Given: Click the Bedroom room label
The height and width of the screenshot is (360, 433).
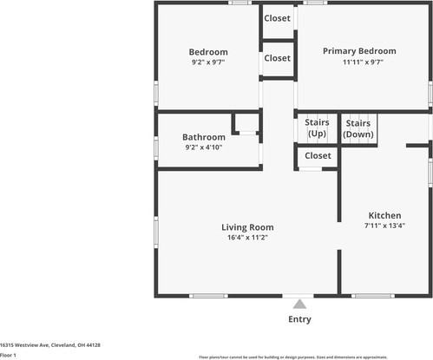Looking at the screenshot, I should pyautogui.click(x=208, y=51).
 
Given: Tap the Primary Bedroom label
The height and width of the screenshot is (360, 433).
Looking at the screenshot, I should pyautogui.click(x=359, y=51).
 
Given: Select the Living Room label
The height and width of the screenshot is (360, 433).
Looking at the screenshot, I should pyautogui.click(x=246, y=227).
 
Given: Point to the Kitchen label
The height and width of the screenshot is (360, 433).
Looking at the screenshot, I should pyautogui.click(x=384, y=215).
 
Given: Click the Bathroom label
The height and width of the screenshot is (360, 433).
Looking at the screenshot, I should pyautogui.click(x=204, y=137).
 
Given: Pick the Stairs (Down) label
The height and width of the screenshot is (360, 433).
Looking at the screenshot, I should pyautogui.click(x=358, y=128).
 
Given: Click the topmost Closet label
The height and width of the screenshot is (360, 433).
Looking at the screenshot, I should pyautogui.click(x=277, y=17).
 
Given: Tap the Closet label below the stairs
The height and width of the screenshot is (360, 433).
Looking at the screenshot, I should pyautogui.click(x=318, y=156).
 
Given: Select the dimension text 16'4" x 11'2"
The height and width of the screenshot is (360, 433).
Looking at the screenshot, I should pyautogui.click(x=246, y=238).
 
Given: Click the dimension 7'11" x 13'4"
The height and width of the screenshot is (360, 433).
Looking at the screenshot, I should pyautogui.click(x=384, y=226).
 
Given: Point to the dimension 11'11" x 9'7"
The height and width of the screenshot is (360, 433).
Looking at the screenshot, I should pyautogui.click(x=359, y=62).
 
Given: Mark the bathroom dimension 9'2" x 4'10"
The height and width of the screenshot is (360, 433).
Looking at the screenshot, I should pyautogui.click(x=204, y=147).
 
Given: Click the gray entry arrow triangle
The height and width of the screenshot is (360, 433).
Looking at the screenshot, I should pyautogui.click(x=299, y=304).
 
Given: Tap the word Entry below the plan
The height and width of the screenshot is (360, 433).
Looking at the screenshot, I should pyautogui.click(x=299, y=319).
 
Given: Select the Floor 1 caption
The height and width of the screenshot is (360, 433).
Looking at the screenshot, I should pyautogui.click(x=9, y=356).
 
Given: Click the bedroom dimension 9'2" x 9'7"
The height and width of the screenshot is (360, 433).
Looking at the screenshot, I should pyautogui.click(x=208, y=62).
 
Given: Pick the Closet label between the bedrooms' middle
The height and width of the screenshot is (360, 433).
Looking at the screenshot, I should pyautogui.click(x=277, y=58).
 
